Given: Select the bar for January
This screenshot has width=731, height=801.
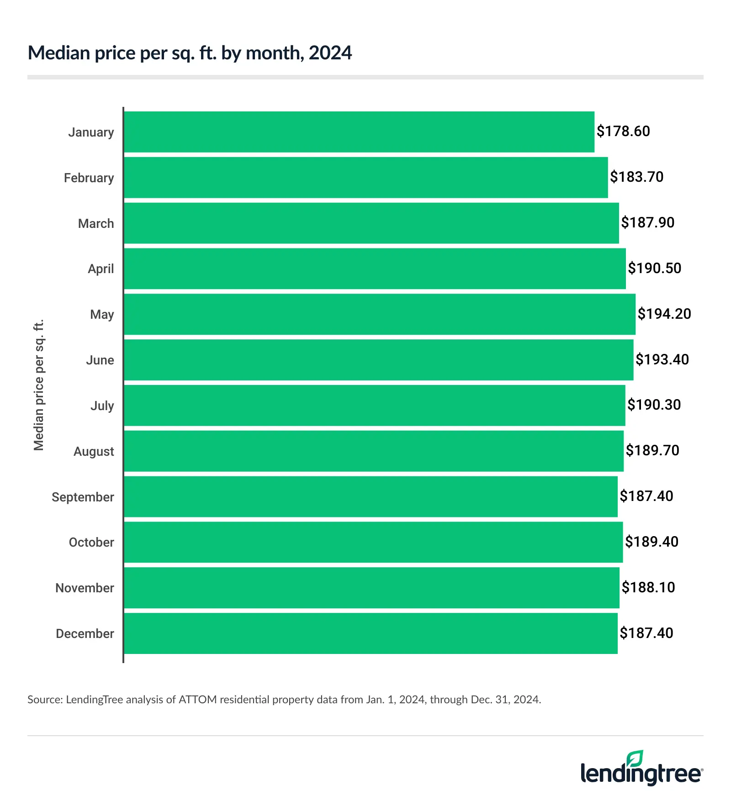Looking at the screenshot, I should (359, 132).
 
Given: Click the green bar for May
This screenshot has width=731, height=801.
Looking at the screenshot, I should (379, 314).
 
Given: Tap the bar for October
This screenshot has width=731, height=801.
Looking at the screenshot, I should (373, 542).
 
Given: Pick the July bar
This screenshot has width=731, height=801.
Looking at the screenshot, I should (374, 406).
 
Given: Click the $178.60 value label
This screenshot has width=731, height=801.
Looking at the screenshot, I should (623, 132).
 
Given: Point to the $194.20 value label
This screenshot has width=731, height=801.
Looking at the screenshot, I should (664, 314).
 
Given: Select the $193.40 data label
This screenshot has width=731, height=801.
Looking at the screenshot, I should (662, 359).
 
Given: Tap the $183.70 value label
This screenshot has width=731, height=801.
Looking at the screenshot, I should (636, 177).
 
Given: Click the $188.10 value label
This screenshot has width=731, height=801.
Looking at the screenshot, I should (648, 587).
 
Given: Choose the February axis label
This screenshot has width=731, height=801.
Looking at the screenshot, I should (89, 178).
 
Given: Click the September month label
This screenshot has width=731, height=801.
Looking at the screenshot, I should (83, 497).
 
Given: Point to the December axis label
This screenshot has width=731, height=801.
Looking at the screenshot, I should (85, 633).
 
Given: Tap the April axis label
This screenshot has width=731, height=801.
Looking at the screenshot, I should (101, 269).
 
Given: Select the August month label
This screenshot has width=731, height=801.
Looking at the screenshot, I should (94, 451).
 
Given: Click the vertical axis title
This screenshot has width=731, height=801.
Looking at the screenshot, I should (39, 385).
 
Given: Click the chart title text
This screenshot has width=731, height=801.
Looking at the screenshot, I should (190, 53).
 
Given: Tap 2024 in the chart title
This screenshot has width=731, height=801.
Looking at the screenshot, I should (330, 53).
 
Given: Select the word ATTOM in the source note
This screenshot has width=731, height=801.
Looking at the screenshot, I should (197, 700).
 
